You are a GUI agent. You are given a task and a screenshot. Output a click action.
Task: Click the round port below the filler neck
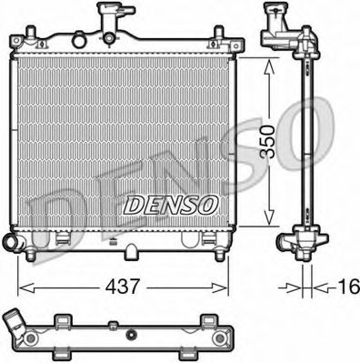pyautogui.click(x=109, y=37)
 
